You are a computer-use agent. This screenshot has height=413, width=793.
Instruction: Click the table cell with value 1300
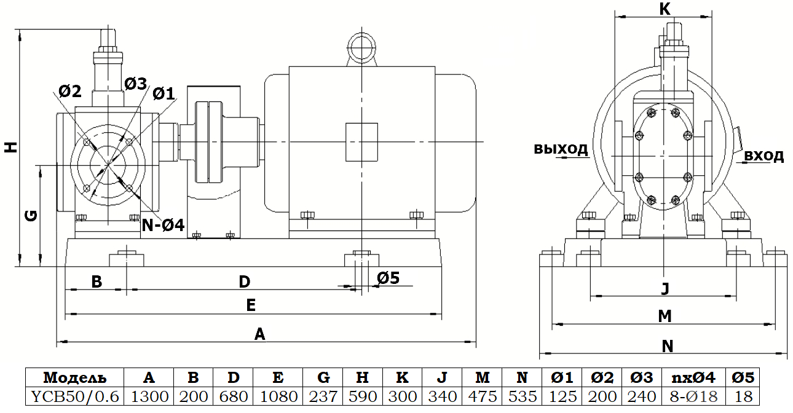(149, 396)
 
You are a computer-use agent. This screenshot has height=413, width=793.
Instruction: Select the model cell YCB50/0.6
(75, 396)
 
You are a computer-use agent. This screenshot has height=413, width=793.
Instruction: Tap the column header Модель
(75, 377)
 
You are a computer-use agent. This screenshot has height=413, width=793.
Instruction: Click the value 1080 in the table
(278, 396)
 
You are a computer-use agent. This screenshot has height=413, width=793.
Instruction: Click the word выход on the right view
(561, 149)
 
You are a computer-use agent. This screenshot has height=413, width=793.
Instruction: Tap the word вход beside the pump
(764, 155)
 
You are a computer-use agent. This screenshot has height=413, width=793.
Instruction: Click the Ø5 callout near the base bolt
(388, 278)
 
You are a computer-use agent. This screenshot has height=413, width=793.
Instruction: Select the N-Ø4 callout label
(163, 225)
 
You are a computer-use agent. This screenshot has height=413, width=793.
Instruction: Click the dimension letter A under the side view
(259, 334)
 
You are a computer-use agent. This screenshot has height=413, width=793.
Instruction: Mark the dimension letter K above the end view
(665, 8)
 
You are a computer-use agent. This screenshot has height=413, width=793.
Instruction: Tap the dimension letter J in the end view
(665, 288)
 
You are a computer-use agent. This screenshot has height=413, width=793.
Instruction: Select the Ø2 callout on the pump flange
(70, 92)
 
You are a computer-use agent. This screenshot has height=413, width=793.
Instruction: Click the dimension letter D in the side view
(245, 281)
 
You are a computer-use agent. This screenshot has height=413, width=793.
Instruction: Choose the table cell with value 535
(523, 396)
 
